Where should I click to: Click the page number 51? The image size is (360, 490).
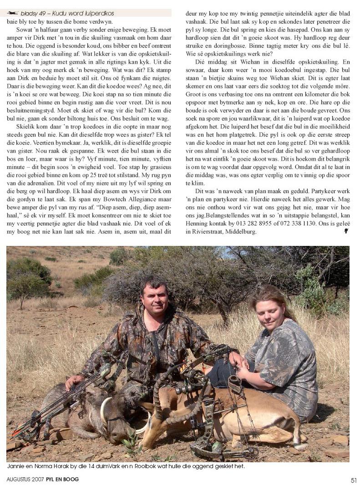point(353,480)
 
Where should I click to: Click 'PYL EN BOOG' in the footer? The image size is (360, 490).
point(62,480)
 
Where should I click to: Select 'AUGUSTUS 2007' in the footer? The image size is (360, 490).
point(25,480)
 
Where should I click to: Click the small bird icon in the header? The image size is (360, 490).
point(13,13)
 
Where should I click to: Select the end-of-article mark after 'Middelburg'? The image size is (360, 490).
point(346,231)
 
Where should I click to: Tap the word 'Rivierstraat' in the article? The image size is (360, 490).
point(204,232)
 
